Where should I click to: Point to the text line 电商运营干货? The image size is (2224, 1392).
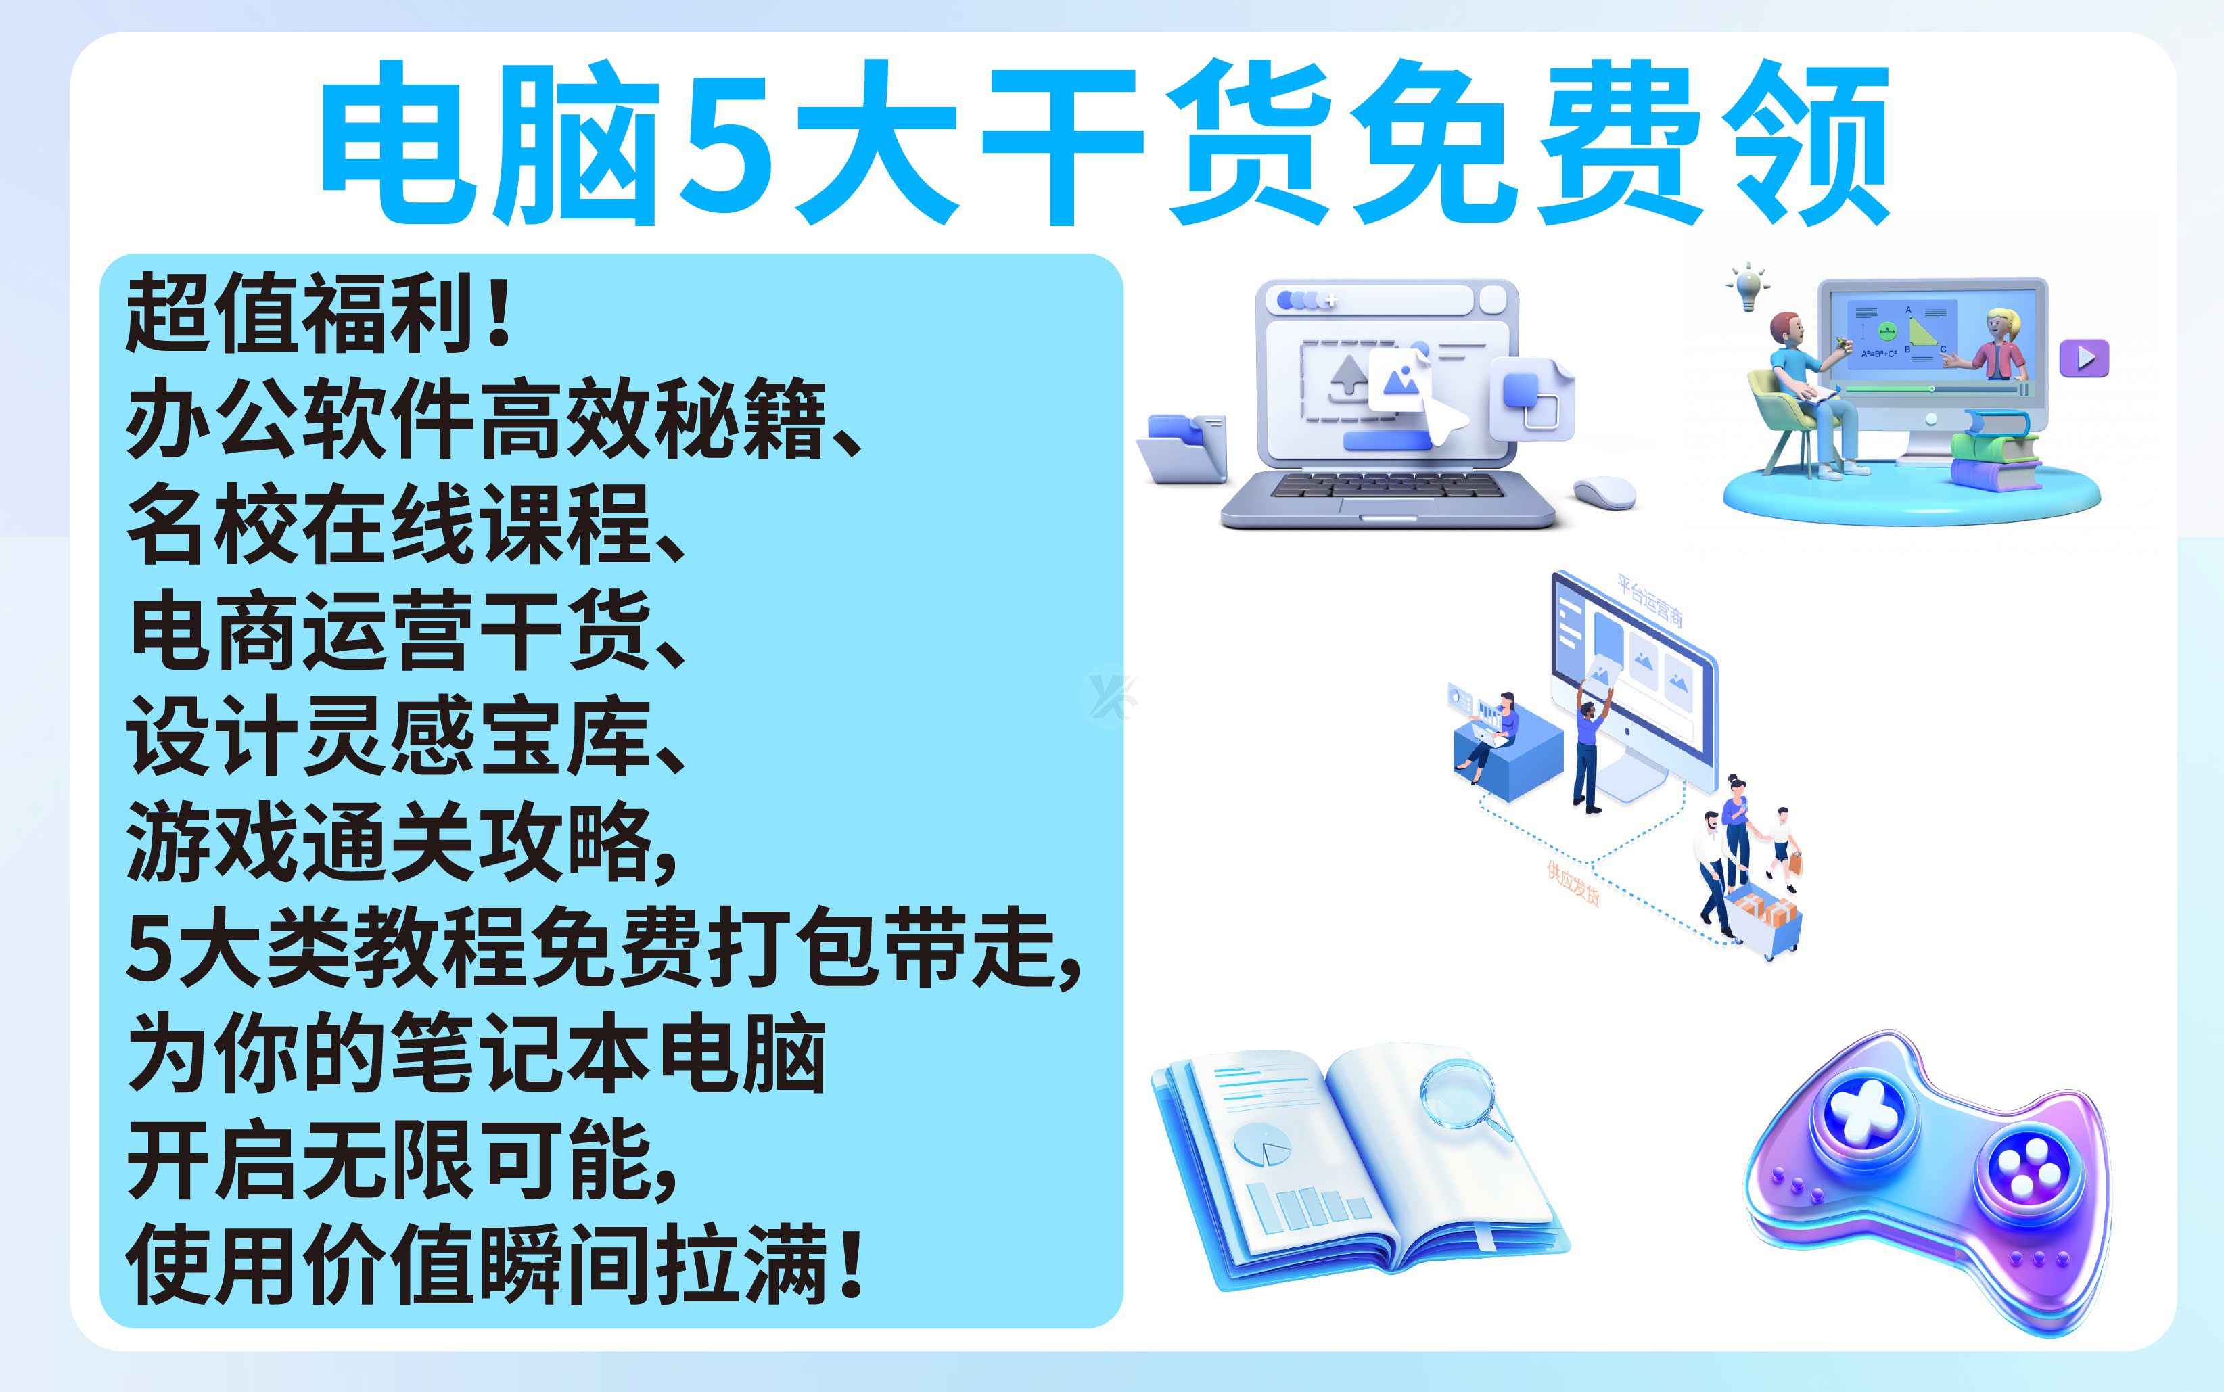pyautogui.click(x=390, y=630)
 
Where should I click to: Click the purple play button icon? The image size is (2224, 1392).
pyautogui.click(x=2084, y=357)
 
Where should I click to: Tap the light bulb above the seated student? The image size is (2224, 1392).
pyautogui.click(x=1748, y=288)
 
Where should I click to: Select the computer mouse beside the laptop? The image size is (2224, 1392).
pyautogui.click(x=1604, y=492)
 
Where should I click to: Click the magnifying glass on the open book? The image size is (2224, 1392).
pyautogui.click(x=1464, y=1100)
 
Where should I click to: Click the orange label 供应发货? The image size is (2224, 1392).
pyautogui.click(x=1572, y=884)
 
